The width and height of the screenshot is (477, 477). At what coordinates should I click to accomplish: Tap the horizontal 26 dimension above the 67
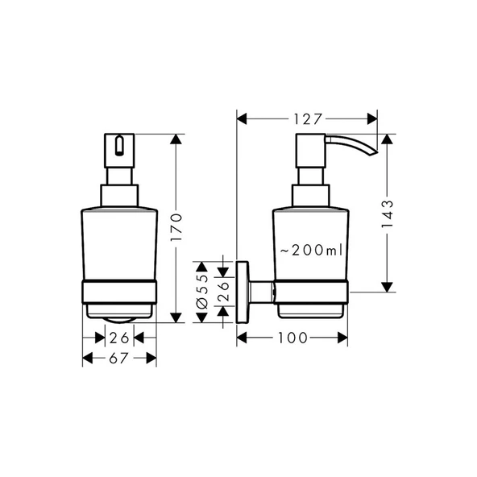pyautogui.click(x=119, y=337)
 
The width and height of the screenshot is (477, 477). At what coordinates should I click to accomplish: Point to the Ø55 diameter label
pyautogui.click(x=203, y=290)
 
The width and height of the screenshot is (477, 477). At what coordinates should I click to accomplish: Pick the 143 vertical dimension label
pyautogui.click(x=387, y=214)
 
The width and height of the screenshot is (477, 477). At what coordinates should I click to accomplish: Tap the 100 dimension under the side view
pyautogui.click(x=292, y=338)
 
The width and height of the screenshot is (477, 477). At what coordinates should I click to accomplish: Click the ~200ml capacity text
pyautogui.click(x=310, y=251)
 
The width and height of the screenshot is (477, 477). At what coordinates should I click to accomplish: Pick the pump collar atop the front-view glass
pyautogui.click(x=119, y=195)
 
